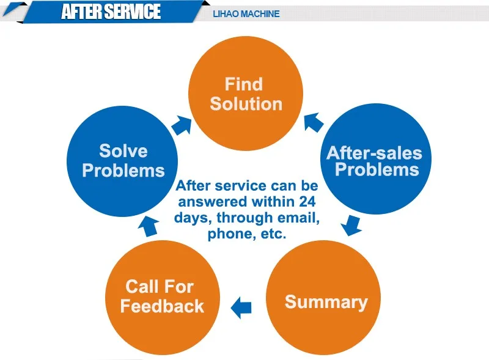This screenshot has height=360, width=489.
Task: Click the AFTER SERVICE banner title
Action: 111,12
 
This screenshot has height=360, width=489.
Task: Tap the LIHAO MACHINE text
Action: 246,14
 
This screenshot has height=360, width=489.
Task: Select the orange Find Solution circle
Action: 246,94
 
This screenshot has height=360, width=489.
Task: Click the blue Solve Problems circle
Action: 122,161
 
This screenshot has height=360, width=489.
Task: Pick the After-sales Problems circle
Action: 376,159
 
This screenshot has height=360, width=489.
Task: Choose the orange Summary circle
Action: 323,297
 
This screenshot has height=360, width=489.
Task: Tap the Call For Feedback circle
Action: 163,297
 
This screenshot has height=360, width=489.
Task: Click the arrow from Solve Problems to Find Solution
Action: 182,125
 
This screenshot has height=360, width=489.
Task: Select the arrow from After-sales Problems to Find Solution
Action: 314,122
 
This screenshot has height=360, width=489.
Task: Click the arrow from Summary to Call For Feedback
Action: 241,307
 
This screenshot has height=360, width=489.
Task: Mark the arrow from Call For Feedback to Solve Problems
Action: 149,227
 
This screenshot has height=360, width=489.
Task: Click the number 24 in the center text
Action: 307,202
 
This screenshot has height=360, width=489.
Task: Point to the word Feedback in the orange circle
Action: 162,306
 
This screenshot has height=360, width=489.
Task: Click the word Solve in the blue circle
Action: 123,151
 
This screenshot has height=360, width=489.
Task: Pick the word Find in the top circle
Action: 244,84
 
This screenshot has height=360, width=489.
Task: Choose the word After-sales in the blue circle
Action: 374,153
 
